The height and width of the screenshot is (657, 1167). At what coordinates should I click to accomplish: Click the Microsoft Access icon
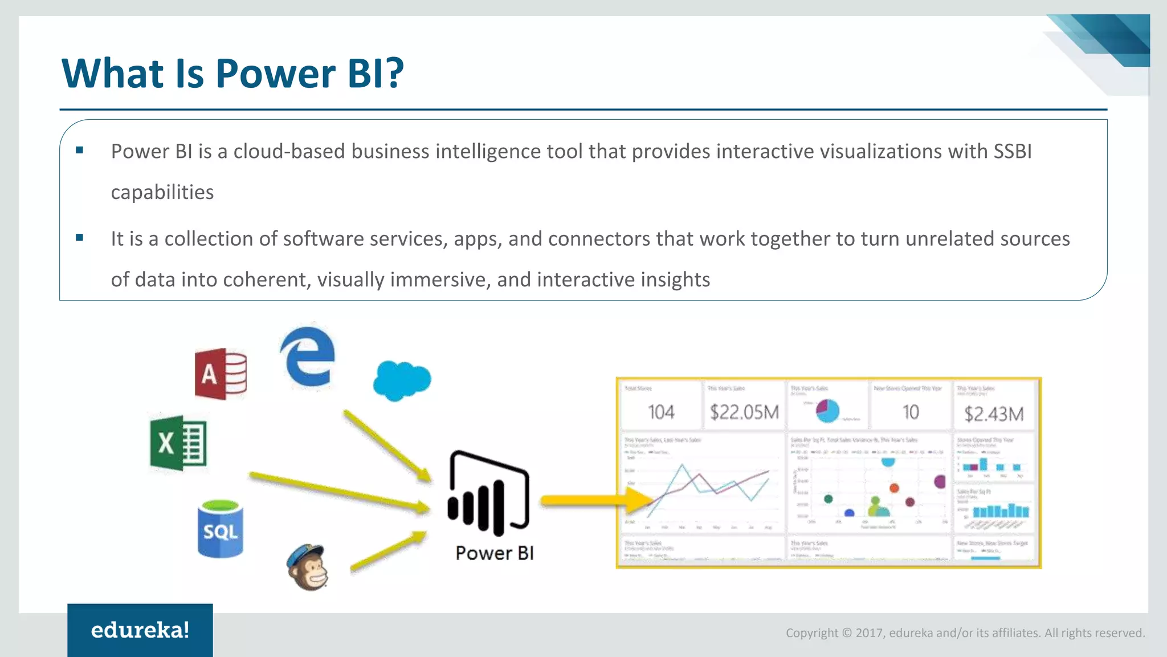click(221, 374)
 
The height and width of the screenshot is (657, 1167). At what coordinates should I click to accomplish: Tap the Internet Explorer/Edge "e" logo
click(308, 357)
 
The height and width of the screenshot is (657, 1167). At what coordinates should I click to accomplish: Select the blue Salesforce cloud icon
click(402, 380)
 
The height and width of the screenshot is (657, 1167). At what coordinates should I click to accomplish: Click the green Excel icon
click(178, 443)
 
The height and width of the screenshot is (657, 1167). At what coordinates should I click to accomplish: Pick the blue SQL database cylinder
click(221, 529)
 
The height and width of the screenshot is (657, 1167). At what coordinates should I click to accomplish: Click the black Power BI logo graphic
click(489, 493)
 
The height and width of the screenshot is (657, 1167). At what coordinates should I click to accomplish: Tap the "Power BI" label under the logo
click(495, 553)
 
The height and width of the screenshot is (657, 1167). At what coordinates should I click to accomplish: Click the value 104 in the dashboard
click(661, 412)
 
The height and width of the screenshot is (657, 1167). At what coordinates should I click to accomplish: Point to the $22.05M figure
click(744, 412)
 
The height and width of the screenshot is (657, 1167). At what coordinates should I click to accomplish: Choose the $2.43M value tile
click(994, 414)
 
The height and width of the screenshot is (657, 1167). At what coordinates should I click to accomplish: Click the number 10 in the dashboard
click(911, 412)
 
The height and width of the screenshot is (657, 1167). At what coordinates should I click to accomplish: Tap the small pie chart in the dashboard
click(827, 411)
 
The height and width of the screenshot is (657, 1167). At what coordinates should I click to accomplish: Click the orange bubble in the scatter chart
click(894, 488)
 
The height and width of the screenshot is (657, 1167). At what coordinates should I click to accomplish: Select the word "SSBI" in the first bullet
click(1013, 152)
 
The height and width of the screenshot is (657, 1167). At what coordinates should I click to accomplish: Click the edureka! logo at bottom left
click(140, 630)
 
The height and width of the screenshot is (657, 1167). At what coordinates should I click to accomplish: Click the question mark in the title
click(393, 74)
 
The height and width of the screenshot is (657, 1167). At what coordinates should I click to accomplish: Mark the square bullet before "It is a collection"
click(80, 238)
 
